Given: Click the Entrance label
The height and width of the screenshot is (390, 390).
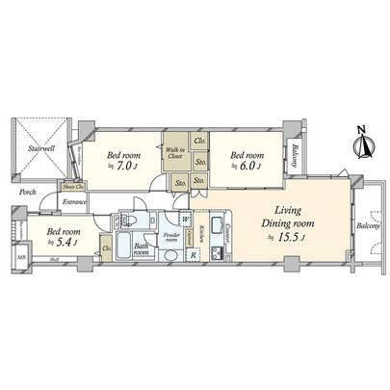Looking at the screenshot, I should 76,202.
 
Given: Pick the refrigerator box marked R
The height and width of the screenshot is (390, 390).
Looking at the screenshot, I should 194,255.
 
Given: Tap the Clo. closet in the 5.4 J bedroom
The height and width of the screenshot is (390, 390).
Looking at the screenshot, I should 105,249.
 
